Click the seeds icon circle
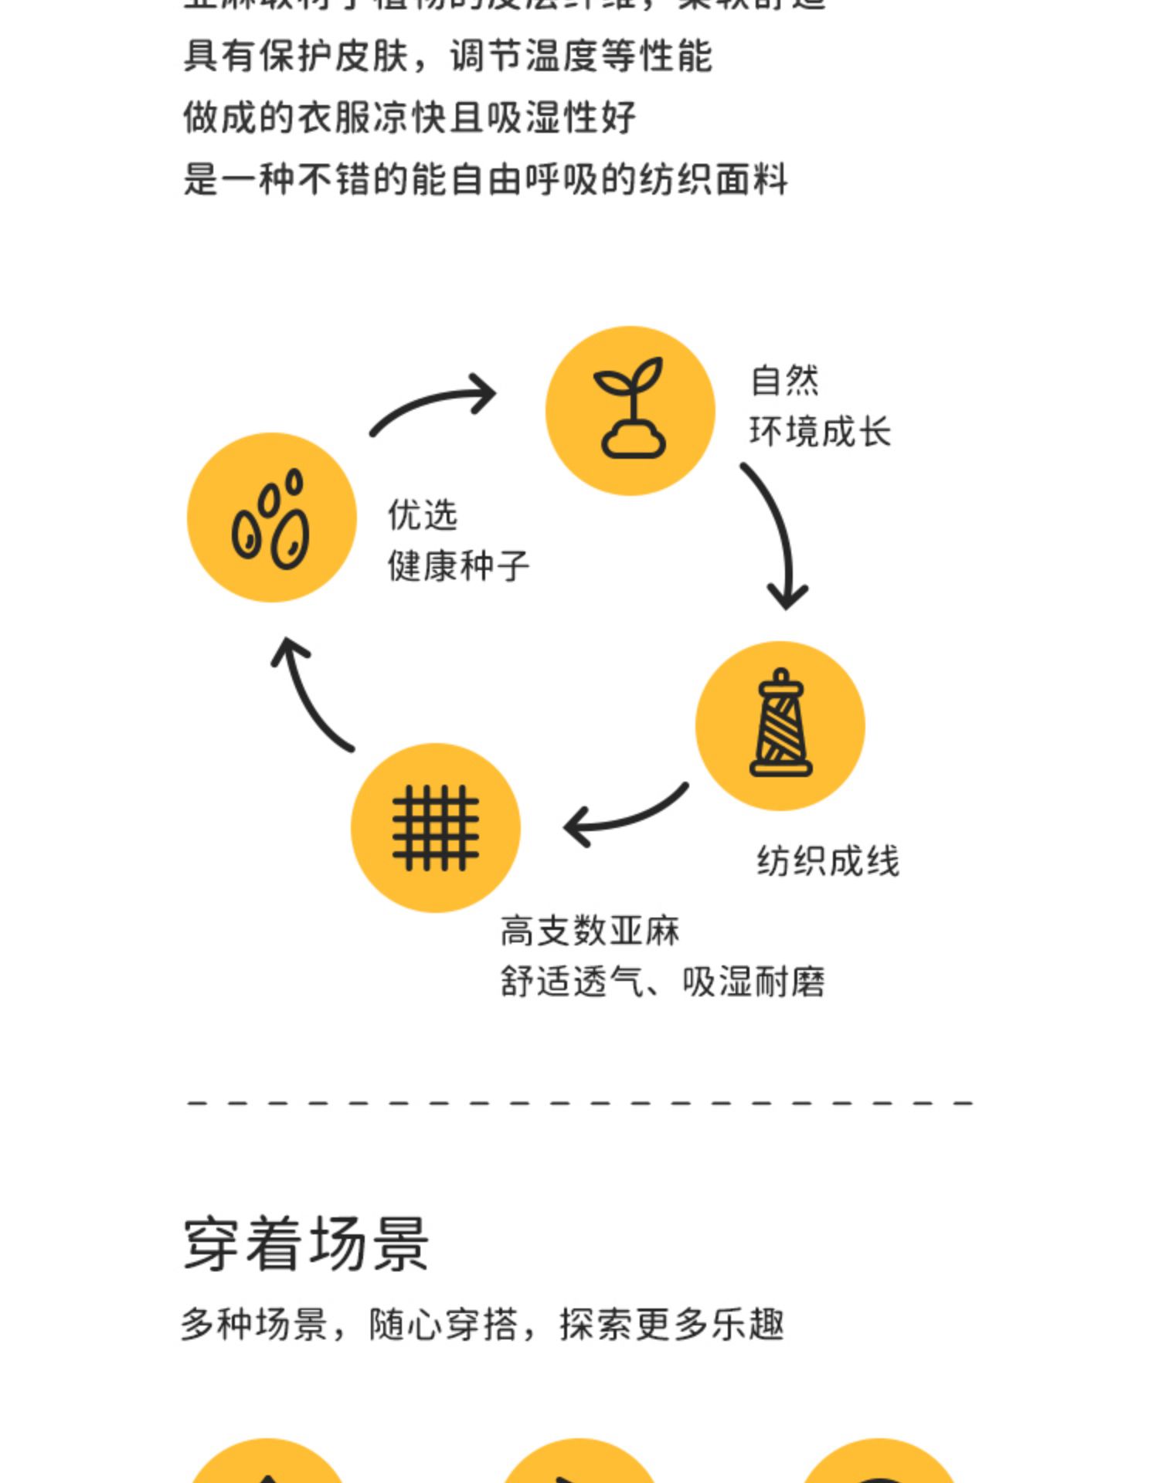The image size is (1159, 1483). pyautogui.click(x=271, y=518)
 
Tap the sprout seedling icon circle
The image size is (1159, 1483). pyautogui.click(x=630, y=410)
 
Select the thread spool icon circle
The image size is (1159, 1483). pyautogui.click(x=780, y=725)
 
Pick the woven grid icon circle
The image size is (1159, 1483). pyautogui.click(x=435, y=827)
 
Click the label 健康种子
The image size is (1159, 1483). pyautogui.click(x=458, y=566)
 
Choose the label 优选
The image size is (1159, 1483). pyautogui.click(x=423, y=514)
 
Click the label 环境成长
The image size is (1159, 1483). pyautogui.click(x=820, y=431)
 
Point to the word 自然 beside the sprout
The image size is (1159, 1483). pyautogui.click(x=784, y=380)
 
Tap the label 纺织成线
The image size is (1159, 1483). pyautogui.click(x=828, y=861)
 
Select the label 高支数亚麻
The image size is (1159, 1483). pyautogui.click(x=590, y=931)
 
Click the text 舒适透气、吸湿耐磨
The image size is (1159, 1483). pyautogui.click(x=662, y=982)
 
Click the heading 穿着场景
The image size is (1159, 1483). pyautogui.click(x=305, y=1244)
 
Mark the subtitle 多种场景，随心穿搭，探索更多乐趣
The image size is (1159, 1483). pyautogui.click(x=482, y=1324)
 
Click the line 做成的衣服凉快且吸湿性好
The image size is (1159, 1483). pyautogui.click(x=409, y=118)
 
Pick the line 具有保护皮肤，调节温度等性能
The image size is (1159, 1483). pyautogui.click(x=447, y=56)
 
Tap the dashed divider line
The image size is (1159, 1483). pyautogui.click(x=579, y=1102)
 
